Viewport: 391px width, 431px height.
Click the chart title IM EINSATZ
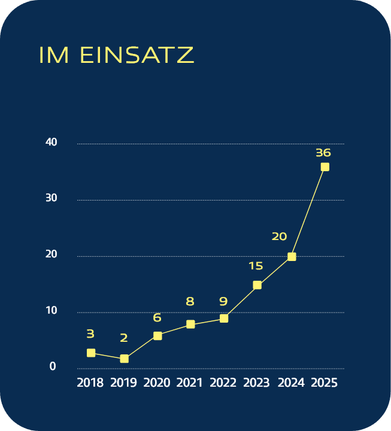[x=116, y=55]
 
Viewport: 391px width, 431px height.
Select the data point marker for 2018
[x=91, y=353]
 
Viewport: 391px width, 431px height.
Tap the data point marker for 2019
[x=124, y=359]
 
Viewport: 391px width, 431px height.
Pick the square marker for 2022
[x=224, y=318]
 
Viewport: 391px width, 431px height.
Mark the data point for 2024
[x=292, y=257]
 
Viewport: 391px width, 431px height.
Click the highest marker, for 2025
[x=325, y=167]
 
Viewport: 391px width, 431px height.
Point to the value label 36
[x=323, y=153]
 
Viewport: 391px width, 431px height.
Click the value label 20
[x=279, y=236]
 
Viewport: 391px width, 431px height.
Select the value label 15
[x=256, y=265]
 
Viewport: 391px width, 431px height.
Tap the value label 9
[x=223, y=302]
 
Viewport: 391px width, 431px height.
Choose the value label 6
[x=157, y=318]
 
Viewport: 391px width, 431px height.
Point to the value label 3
[x=90, y=334]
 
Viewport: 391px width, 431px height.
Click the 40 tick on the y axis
[x=51, y=142]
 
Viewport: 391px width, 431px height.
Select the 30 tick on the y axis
[x=51, y=199]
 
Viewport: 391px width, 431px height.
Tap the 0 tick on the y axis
[x=53, y=367]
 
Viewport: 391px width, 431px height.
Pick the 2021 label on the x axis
[x=190, y=383]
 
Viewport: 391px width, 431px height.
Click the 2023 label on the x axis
[x=257, y=383]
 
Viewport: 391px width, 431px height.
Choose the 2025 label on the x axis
[x=324, y=383]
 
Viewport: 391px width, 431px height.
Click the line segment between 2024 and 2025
[x=308, y=212]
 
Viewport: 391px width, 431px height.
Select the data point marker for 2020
[x=157, y=336]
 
